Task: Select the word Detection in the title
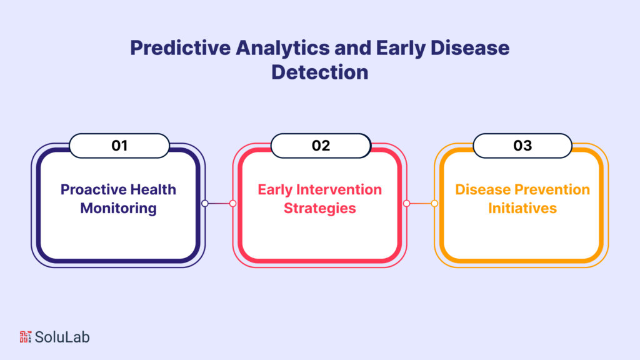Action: (319, 72)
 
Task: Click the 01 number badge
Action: (119, 146)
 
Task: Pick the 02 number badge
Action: (321, 146)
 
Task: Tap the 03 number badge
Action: (522, 146)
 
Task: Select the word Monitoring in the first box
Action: (118, 207)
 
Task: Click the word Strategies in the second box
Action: (320, 207)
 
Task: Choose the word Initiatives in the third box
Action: (522, 207)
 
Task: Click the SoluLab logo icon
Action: (25, 337)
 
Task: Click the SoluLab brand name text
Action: (62, 337)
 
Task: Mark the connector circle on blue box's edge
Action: (204, 203)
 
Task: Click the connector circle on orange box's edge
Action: (435, 203)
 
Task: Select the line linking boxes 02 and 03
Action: (421, 203)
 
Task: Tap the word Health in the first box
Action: (153, 189)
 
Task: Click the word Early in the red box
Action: (275, 189)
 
